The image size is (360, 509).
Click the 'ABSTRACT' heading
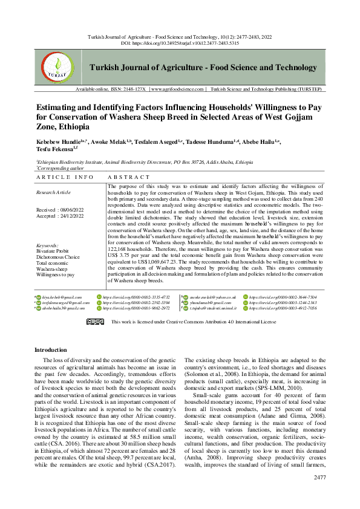(x=128, y=177)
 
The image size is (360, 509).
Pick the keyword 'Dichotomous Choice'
(x=58, y=256)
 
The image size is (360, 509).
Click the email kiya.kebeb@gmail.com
(x=62, y=297)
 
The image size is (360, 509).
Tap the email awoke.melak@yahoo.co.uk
(x=208, y=297)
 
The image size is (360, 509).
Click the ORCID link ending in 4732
(x=136, y=297)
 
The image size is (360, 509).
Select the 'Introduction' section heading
(x=51, y=350)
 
